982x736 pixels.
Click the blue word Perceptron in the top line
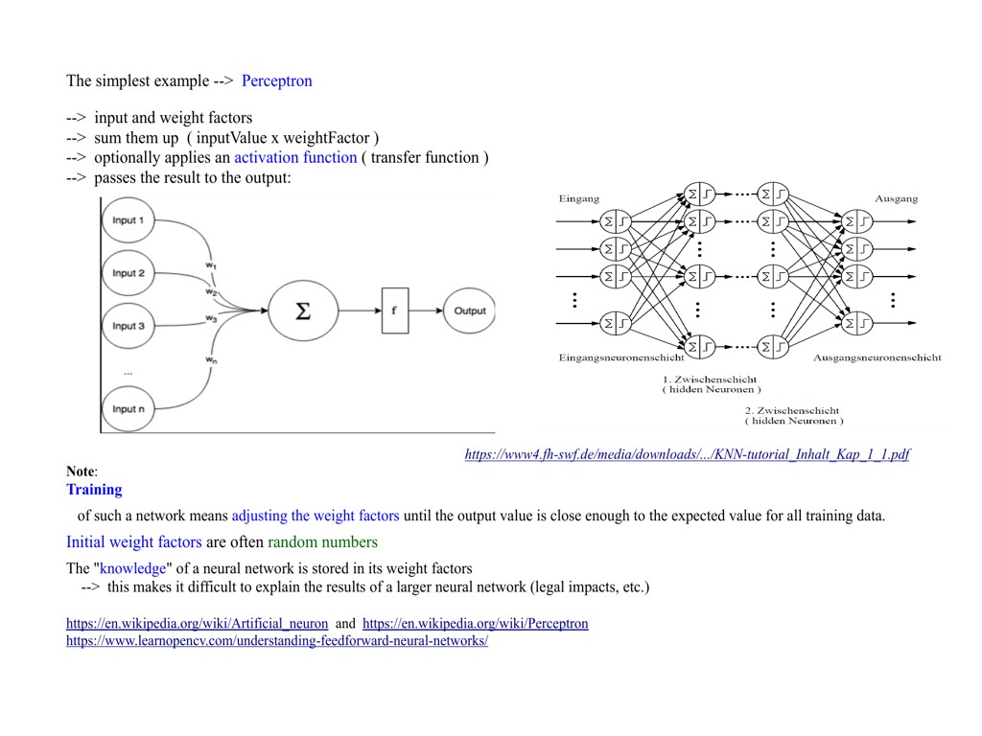pos(276,80)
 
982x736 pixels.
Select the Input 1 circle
pos(128,221)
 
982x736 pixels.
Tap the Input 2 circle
pos(128,274)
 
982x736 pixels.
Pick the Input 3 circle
pos(128,326)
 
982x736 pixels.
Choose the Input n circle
pos(128,409)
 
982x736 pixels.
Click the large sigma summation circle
pos(303,310)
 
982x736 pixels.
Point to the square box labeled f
pos(394,310)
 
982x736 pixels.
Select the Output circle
pos(470,310)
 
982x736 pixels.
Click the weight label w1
pos(210,264)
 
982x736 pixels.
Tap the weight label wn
pos(210,359)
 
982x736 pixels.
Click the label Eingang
pos(579,198)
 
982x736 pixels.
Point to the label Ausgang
pos(896,198)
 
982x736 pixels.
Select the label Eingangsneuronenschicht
pos(621,357)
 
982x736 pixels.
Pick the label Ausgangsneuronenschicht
pos(877,357)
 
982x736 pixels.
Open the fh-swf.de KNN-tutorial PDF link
pos(687,454)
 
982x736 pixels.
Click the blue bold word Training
pos(94,490)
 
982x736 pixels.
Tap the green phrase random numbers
pos(322,542)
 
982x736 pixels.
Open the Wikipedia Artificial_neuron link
pos(197,624)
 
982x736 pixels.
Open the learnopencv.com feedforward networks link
pos(276,641)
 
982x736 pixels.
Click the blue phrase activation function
pos(295,157)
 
